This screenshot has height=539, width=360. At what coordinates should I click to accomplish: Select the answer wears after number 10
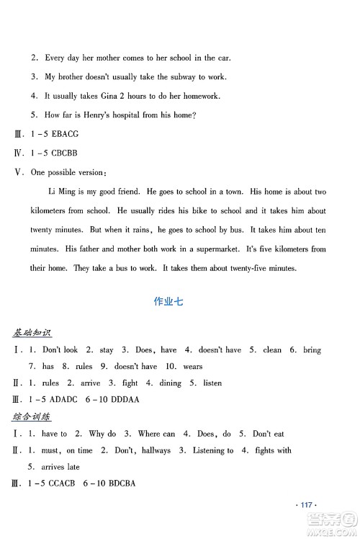[x=192, y=366]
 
